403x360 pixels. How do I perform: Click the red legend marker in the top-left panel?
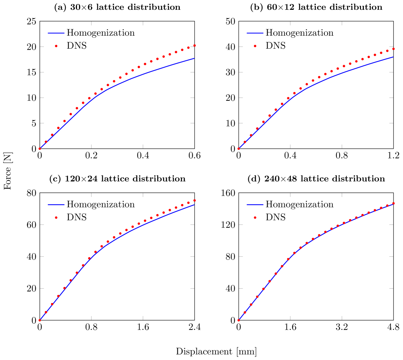(56, 46)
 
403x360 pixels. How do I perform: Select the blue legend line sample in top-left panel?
(56, 33)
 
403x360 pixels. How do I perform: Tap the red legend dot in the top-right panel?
(255, 46)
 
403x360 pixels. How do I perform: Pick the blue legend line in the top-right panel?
(255, 33)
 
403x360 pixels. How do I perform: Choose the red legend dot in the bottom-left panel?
(56, 218)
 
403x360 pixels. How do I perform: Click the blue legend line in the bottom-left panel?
(56, 205)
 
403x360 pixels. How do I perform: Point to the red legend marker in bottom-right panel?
(255, 218)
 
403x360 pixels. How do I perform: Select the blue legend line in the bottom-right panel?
(255, 205)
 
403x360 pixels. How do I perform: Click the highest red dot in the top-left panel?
(195, 45)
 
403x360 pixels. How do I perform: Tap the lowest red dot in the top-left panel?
(40, 149)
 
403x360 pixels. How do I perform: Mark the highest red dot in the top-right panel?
(394, 49)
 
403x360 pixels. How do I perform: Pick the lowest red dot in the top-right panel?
(239, 149)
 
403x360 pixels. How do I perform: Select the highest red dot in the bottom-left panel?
(195, 200)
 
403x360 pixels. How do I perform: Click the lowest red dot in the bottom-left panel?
(40, 320)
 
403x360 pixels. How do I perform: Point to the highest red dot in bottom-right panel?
(394, 203)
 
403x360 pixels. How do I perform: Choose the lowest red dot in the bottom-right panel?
(239, 320)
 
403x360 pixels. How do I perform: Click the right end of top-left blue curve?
(194, 58)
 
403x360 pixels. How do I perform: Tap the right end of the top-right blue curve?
(393, 57)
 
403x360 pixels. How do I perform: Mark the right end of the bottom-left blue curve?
(194, 205)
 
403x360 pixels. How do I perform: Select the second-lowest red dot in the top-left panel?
(46, 142)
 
